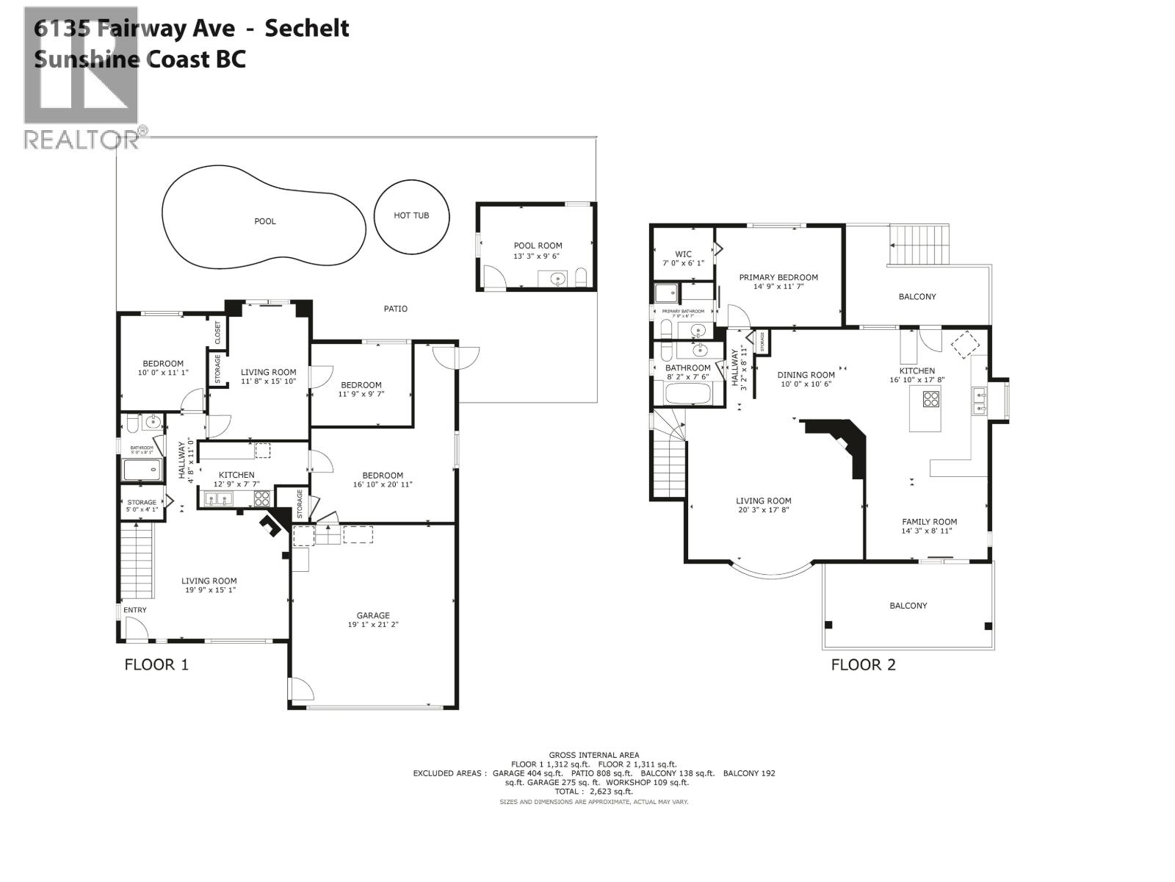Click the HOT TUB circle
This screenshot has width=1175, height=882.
click(x=411, y=215)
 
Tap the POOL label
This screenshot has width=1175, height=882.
click(x=265, y=221)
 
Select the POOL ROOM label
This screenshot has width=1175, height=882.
click(x=538, y=246)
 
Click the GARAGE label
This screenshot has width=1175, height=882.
click(x=373, y=616)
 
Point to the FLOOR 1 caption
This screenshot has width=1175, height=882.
click(x=156, y=664)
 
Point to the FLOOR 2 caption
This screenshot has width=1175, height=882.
click(x=863, y=665)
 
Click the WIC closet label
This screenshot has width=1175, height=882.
click(x=683, y=254)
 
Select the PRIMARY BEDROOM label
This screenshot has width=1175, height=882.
click(x=778, y=278)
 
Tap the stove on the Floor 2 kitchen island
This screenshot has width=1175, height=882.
click(x=930, y=399)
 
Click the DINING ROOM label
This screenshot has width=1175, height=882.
click(x=806, y=375)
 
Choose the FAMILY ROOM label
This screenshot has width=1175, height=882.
click(x=929, y=522)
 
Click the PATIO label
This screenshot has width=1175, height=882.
click(x=395, y=309)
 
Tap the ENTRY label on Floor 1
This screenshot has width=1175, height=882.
click(x=135, y=610)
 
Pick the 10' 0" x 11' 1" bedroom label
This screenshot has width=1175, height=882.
click(x=163, y=364)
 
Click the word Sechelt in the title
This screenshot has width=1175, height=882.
click(x=306, y=29)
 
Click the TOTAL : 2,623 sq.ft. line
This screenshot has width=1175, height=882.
click(x=593, y=792)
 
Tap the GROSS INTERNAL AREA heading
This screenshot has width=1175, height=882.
click(x=593, y=755)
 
